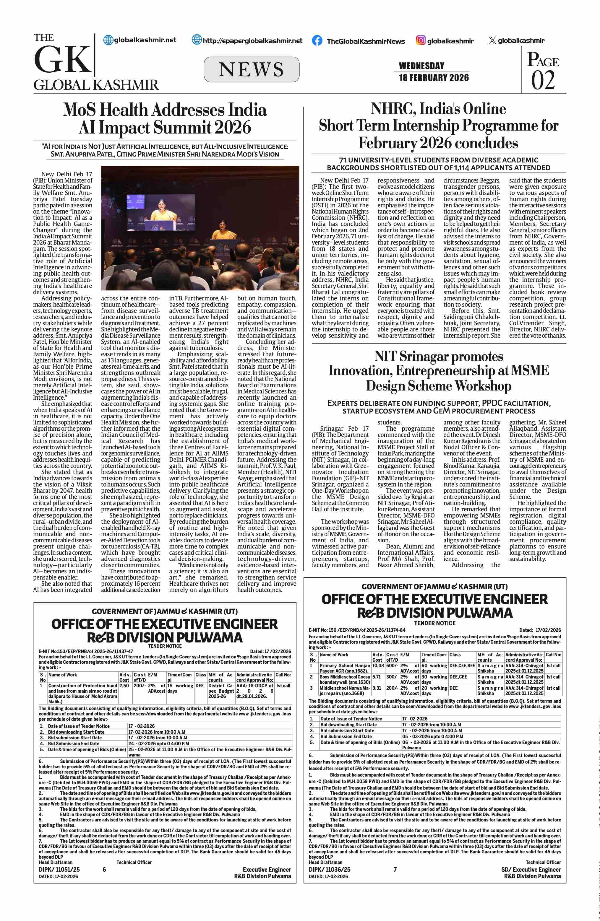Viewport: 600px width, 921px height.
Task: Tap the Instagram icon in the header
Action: coord(420,40)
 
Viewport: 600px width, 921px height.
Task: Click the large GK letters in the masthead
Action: coord(62,60)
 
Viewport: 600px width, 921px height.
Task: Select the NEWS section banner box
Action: coord(251,69)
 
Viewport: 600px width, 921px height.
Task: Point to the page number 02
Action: coord(543,80)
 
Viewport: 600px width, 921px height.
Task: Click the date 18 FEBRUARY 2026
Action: coord(434,78)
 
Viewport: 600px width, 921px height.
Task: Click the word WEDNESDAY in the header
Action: coord(421,66)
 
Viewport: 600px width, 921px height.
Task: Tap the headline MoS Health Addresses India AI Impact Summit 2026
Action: coord(165,118)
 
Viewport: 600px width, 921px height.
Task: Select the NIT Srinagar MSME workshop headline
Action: coord(439,371)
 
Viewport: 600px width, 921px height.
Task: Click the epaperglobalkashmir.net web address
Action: coord(252,41)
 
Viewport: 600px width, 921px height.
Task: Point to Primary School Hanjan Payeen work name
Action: coord(344,668)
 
